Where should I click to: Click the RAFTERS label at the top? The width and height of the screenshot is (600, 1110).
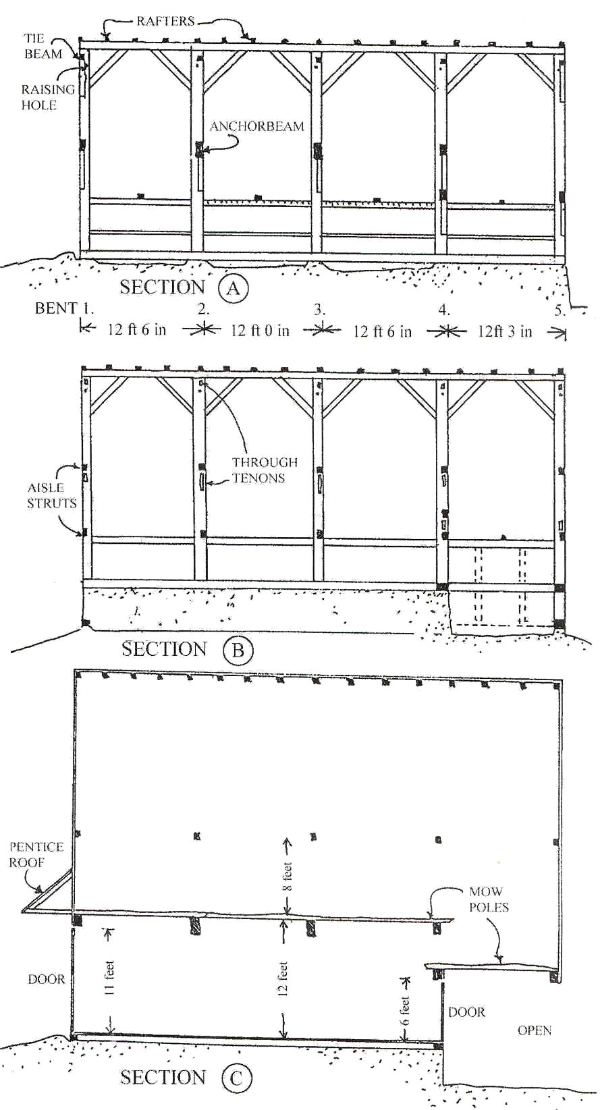(165, 21)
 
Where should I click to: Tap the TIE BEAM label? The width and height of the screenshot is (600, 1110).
(43, 46)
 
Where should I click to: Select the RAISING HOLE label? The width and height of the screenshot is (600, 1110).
(47, 97)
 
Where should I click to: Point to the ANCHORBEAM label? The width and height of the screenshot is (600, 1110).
(256, 126)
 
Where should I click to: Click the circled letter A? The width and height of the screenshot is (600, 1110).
(234, 288)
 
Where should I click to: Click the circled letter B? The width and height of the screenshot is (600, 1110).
(238, 650)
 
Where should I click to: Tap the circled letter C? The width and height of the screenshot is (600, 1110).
(236, 1078)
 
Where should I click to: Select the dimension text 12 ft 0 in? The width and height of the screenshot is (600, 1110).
(260, 331)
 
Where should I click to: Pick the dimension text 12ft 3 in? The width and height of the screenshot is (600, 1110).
(505, 331)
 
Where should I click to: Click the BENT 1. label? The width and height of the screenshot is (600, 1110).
(64, 308)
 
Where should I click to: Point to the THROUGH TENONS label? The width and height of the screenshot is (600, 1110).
(264, 470)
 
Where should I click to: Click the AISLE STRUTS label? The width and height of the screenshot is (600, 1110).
(51, 495)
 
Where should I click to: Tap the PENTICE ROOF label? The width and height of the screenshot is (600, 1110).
(36, 854)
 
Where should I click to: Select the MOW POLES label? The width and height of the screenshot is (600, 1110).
(488, 899)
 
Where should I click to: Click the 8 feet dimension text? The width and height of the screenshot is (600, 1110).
(288, 877)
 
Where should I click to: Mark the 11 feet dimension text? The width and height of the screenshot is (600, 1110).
(109, 978)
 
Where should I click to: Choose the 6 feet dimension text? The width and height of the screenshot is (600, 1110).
(404, 1010)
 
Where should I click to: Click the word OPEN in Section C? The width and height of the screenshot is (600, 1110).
(535, 1030)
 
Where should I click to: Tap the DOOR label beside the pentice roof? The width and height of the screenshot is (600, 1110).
(47, 979)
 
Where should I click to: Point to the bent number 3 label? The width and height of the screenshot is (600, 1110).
(319, 310)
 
